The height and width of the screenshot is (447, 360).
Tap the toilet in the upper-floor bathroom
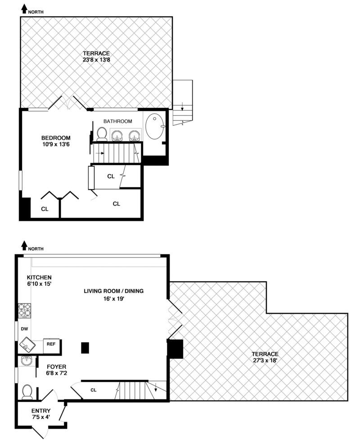102,134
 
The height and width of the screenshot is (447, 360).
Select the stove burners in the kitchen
24,310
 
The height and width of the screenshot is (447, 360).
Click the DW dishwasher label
23,329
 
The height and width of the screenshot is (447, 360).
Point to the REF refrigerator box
51,344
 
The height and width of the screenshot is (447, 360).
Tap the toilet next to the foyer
27,392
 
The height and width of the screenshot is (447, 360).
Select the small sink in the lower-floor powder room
27,361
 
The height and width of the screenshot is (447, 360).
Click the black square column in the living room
85,348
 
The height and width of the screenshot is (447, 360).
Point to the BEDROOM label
56,138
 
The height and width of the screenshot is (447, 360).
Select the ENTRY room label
40,411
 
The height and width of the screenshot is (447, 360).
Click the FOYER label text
56,366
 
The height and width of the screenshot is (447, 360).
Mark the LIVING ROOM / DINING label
113,291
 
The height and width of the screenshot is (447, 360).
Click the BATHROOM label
117,121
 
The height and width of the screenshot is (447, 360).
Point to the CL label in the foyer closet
94,390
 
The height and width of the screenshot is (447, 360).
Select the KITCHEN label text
39,277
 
